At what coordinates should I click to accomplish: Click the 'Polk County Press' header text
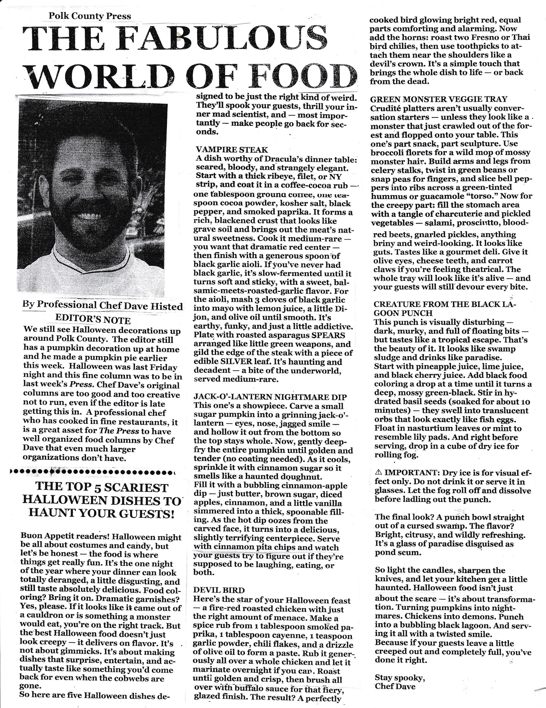[90, 16]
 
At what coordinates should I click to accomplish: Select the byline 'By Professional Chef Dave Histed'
[102, 305]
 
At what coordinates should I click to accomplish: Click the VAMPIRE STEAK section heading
[232, 150]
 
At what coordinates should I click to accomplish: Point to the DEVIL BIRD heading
[219, 590]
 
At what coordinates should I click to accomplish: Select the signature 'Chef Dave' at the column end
[395, 686]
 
